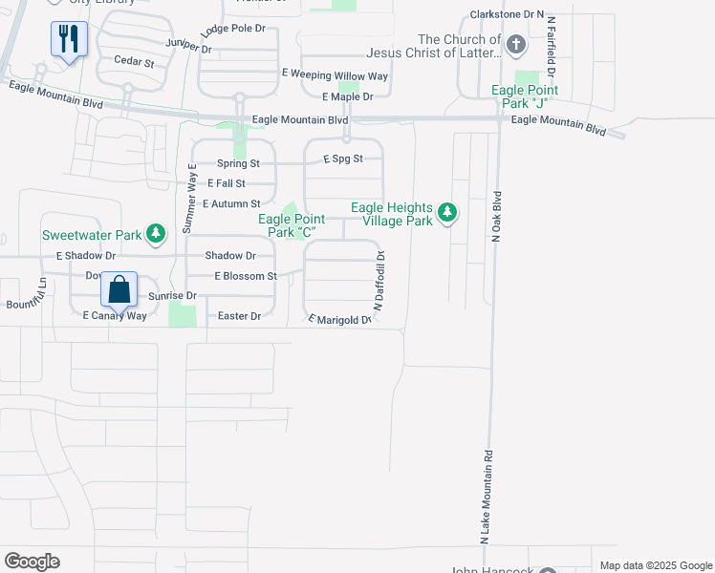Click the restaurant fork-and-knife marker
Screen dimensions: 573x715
click(x=69, y=39)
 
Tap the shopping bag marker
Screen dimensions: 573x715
click(x=119, y=289)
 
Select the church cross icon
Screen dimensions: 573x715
click(x=515, y=45)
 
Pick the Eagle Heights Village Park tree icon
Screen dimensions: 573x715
click(x=446, y=213)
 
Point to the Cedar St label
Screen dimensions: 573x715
click(x=134, y=62)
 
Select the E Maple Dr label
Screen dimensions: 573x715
click(x=347, y=96)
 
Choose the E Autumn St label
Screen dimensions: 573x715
click(x=231, y=204)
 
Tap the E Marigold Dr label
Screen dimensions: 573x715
click(x=338, y=320)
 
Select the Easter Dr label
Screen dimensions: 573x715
click(x=239, y=316)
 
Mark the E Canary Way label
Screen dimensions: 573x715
click(x=115, y=316)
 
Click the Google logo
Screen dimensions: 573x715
click(x=32, y=562)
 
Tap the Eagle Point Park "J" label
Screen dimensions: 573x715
click(x=525, y=96)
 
